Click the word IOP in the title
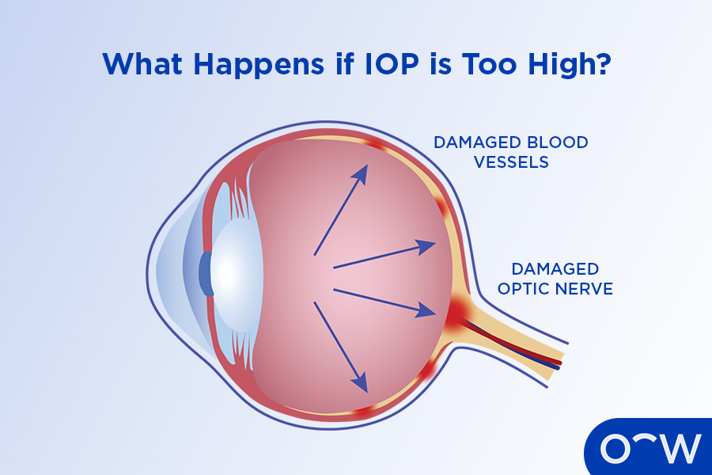coord(392,63)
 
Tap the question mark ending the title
coord(603,63)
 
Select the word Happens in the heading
coord(259,65)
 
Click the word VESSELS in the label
coord(511,162)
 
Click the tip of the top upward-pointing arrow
coord(366,165)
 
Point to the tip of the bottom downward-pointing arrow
coord(366,392)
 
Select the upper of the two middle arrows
coord(384,254)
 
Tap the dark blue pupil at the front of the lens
coord(206,274)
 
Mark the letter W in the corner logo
coord(677,449)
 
